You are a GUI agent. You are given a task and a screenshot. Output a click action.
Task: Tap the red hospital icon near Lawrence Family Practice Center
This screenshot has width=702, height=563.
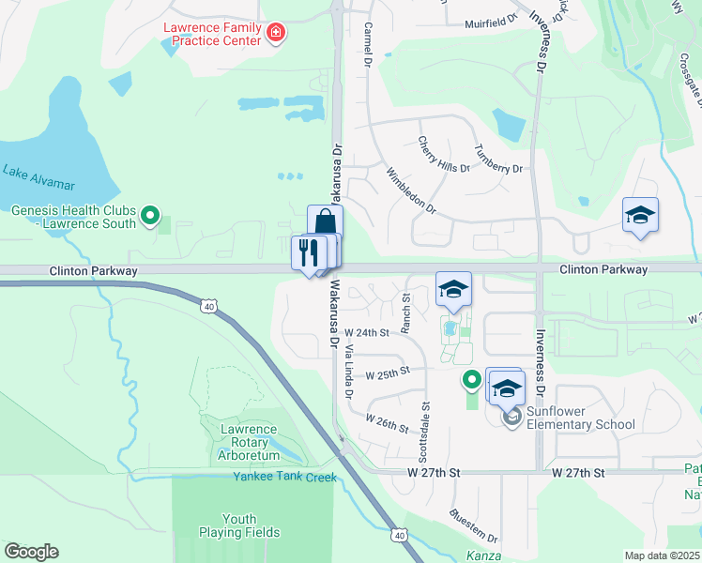click(x=276, y=35)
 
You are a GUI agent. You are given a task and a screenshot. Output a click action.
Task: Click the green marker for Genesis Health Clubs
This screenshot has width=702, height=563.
click(x=149, y=218)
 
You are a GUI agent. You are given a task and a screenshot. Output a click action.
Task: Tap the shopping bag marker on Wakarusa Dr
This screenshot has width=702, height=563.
click(x=325, y=223)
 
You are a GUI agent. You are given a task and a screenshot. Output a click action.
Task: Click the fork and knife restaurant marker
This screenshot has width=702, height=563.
click(x=307, y=252)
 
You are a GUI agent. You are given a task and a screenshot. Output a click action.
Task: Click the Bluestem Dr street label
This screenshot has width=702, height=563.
click(x=473, y=526)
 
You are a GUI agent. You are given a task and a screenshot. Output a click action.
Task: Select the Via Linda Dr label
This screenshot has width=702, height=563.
click(x=348, y=370)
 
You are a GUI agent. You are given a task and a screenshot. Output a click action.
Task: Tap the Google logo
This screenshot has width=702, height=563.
click(x=32, y=552)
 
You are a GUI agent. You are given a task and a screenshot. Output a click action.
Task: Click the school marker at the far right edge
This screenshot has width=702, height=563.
click(x=641, y=216)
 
